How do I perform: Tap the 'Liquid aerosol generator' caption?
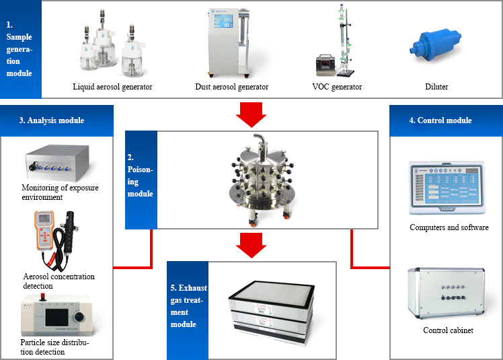(112, 87)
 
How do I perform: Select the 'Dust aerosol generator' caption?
(231, 87)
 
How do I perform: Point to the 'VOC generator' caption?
(337, 87)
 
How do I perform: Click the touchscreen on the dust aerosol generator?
(223, 21)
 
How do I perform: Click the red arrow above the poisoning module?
(251, 114)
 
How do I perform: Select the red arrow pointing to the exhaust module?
(251, 246)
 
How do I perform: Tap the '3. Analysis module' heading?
(52, 120)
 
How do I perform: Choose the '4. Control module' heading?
(440, 120)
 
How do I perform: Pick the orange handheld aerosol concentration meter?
(44, 229)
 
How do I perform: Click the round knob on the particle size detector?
(79, 317)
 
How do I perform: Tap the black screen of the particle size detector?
(56, 318)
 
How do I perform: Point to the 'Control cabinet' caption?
(448, 330)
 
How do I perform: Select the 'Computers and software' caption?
(449, 227)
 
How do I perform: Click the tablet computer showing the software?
(447, 188)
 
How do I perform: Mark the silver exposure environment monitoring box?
(57, 163)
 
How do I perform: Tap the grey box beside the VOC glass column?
(325, 65)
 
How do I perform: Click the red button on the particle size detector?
(42, 297)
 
